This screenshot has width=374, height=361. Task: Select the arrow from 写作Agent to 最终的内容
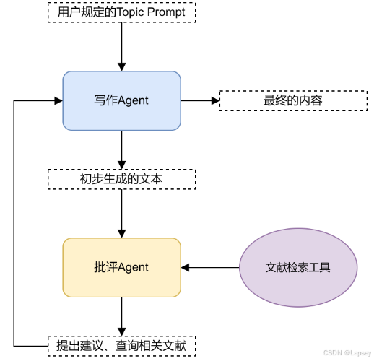tap(199, 101)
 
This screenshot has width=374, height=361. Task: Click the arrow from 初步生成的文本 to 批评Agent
tap(121, 213)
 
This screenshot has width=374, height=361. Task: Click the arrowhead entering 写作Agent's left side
tap(58, 101)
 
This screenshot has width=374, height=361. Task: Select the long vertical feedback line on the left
tap(14, 224)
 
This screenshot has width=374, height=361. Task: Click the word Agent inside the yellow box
tap(133, 267)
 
